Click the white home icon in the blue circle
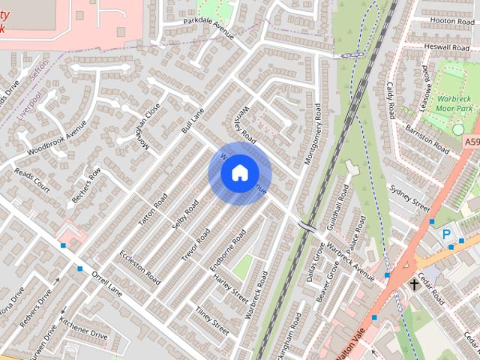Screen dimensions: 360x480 pyautogui.click(x=239, y=173)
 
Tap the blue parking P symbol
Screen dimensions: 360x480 pyautogui.click(x=446, y=235)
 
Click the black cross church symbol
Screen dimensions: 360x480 pyautogui.click(x=415, y=284)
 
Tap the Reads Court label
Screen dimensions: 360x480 pyautogui.click(x=31, y=180)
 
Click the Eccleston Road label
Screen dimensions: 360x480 pyautogui.click(x=140, y=265)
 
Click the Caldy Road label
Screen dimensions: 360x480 pyautogui.click(x=391, y=103)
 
